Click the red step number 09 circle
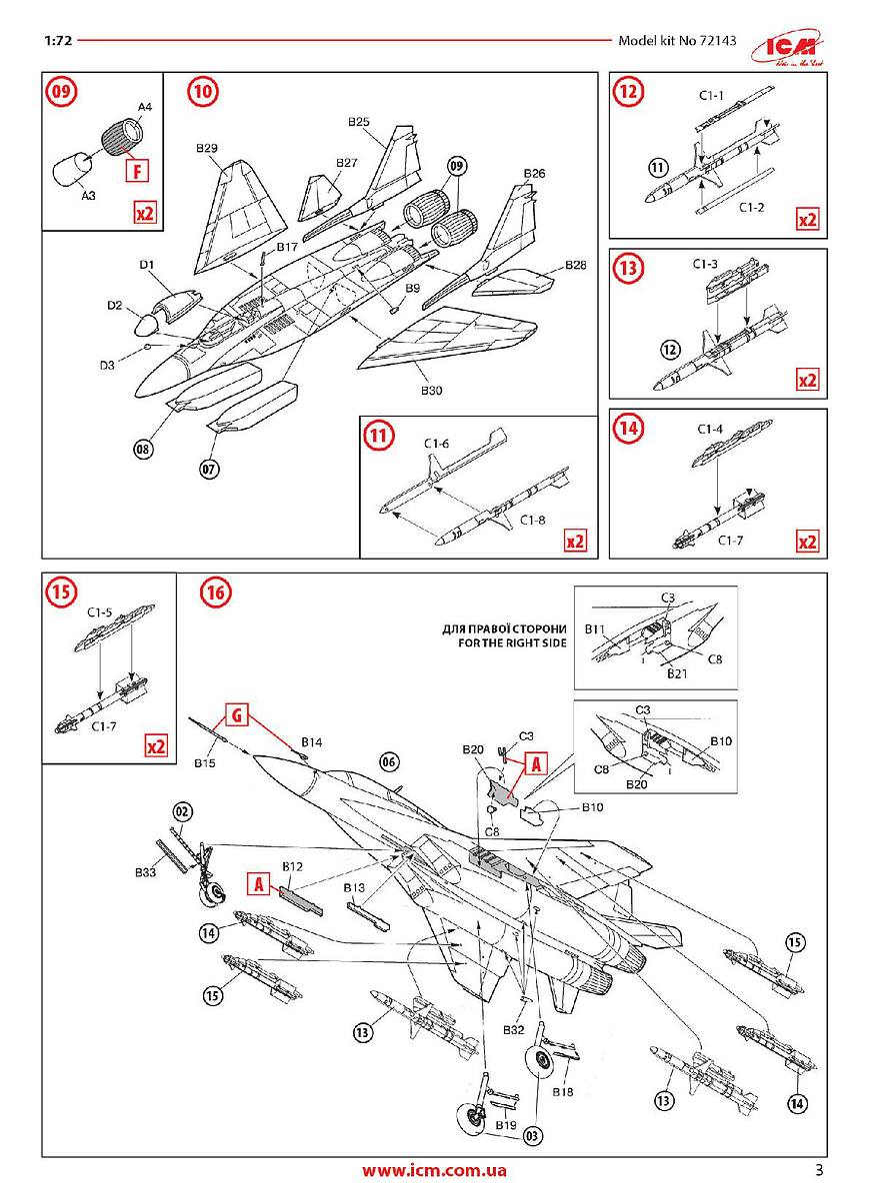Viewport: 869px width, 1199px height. tap(62, 91)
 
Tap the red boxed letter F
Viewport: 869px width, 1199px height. tap(137, 171)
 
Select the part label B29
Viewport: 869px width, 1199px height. tap(206, 148)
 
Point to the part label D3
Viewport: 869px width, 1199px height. tap(107, 365)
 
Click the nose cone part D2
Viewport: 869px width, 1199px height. tap(146, 325)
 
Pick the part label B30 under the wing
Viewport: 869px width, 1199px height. tap(431, 391)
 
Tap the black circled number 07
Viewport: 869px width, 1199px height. tap(209, 470)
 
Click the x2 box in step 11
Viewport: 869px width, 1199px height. tap(575, 541)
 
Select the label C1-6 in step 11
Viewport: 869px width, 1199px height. tap(436, 444)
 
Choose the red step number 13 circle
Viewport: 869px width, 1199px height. tap(628, 267)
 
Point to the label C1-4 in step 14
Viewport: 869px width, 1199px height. tap(710, 429)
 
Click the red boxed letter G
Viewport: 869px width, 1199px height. tap(237, 714)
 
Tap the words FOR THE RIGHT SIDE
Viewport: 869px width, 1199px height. tap(512, 642)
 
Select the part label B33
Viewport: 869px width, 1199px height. tap(145, 872)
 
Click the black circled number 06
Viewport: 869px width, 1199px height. tap(389, 761)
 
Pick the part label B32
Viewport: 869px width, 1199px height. tap(513, 1029)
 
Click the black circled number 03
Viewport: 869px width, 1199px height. tap(533, 1135)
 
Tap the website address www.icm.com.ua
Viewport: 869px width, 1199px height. tap(434, 1170)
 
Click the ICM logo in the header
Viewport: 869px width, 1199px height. tap(788, 47)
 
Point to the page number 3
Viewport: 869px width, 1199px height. tap(819, 1170)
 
